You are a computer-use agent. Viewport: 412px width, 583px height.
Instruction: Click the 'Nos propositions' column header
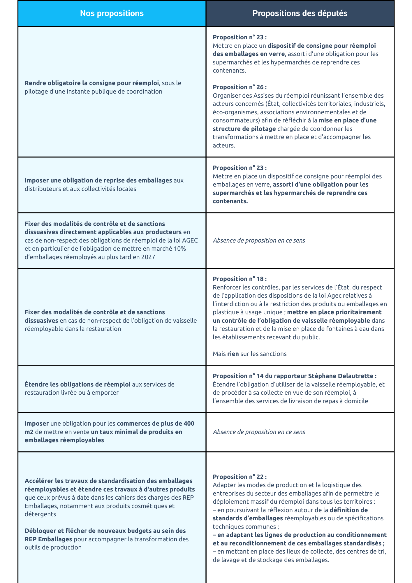coord(112,13)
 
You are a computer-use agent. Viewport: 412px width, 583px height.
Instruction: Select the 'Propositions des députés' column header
coord(300,13)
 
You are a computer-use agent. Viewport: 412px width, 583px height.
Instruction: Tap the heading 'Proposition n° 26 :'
coord(240,87)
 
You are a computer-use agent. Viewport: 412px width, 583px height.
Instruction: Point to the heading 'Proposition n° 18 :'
coord(240,279)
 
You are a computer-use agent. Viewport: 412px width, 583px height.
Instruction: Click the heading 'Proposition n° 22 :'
coord(240,477)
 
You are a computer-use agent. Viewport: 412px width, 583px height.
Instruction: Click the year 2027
coord(148,257)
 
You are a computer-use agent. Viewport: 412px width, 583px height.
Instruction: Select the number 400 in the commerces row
coord(189,424)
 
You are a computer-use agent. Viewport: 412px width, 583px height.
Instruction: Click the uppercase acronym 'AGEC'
coord(190,240)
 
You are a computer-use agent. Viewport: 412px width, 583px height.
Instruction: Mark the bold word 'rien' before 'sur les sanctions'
coord(233,354)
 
